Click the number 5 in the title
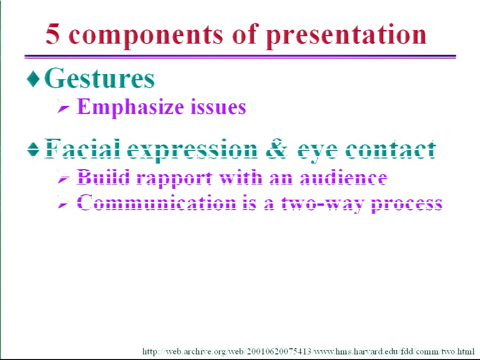tap(52, 34)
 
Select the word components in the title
tap(146, 37)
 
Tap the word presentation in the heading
tap(346, 36)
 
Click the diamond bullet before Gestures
tap(33, 79)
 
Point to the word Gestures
tap(99, 78)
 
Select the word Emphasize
tap(130, 107)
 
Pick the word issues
tap(218, 107)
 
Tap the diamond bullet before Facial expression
tap(33, 150)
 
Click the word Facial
tap(82, 149)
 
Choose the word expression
tap(192, 151)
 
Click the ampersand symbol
tap(277, 150)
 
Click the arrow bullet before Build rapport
tap(63, 178)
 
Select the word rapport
tap(174, 179)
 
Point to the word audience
tap(344, 178)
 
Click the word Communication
tap(156, 202)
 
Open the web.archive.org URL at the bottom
tap(308, 351)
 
